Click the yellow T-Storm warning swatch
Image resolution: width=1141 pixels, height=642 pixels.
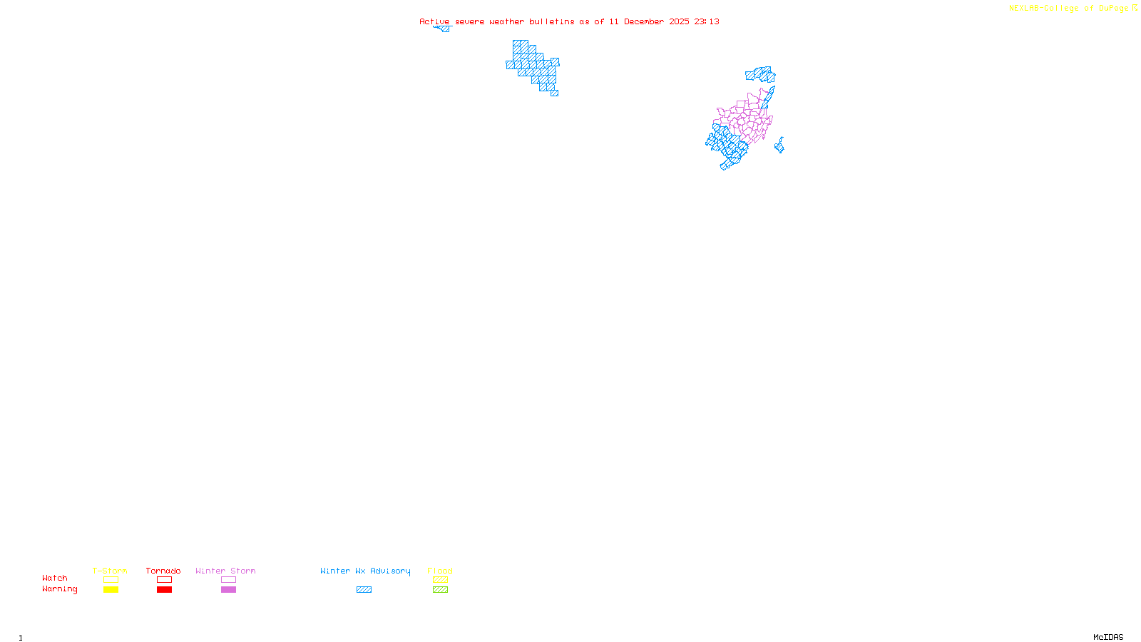[x=111, y=590]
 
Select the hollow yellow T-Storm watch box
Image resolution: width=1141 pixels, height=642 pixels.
[x=111, y=580]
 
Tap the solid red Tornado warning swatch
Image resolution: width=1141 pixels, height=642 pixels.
[x=164, y=590]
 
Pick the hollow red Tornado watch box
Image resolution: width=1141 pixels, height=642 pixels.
[x=164, y=580]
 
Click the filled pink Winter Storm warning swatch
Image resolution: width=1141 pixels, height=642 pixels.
[x=228, y=590]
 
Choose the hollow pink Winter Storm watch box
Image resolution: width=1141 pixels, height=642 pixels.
[x=228, y=580]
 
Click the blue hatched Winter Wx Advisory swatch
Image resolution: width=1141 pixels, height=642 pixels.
[x=364, y=590]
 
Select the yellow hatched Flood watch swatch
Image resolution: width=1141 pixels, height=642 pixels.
[x=440, y=580]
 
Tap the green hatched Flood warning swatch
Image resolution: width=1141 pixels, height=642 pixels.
[x=440, y=590]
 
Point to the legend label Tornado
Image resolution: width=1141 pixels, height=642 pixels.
[x=163, y=571]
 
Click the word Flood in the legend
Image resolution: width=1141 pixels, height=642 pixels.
[x=440, y=571]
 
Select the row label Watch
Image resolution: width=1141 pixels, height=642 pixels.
[x=55, y=579]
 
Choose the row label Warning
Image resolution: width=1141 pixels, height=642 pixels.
[x=60, y=589]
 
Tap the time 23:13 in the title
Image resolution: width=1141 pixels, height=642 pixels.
[x=707, y=21]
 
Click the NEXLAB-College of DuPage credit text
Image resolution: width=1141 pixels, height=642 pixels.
[x=1068, y=9]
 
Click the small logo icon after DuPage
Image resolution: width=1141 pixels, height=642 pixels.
[x=1135, y=8]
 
